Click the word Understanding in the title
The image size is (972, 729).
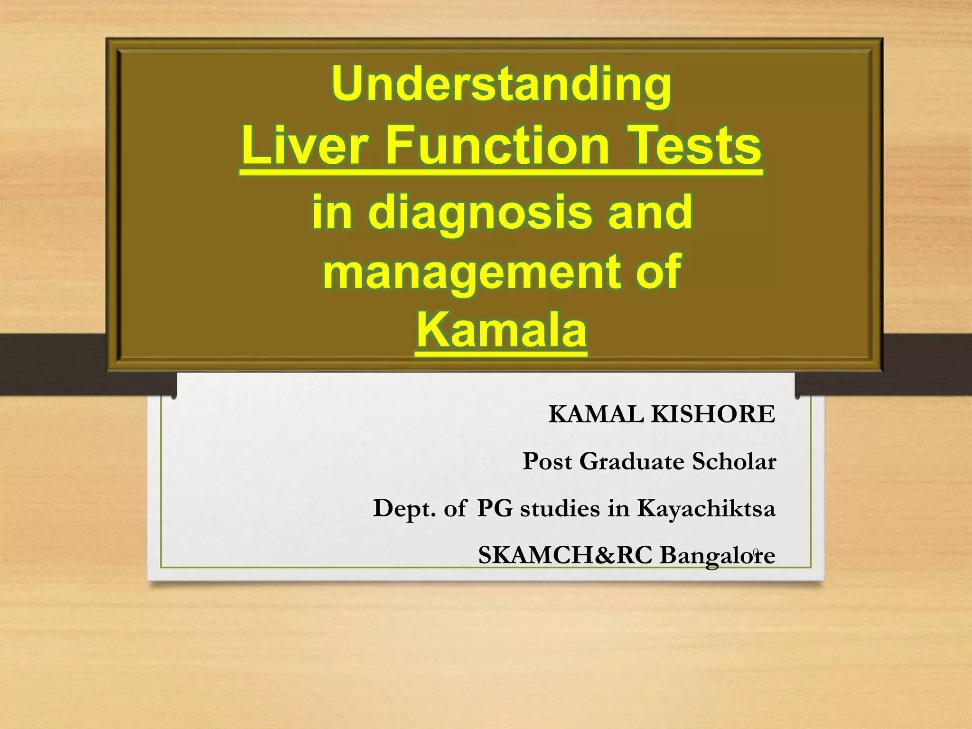501,84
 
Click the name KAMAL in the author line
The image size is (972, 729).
596,414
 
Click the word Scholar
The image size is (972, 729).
734,461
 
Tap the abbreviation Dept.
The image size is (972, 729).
404,508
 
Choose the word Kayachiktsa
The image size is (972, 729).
706,508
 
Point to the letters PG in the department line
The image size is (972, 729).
495,508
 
